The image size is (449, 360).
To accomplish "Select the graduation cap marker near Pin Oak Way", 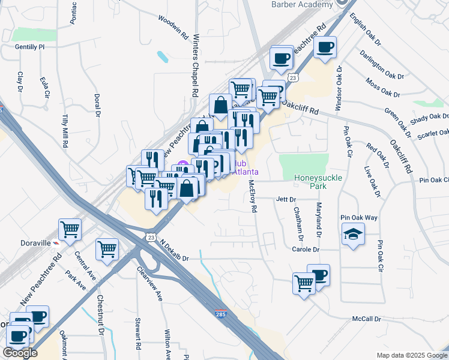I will click(x=353, y=235).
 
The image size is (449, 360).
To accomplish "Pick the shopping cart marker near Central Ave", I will click(x=107, y=249).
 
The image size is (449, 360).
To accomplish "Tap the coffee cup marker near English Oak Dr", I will click(x=325, y=47).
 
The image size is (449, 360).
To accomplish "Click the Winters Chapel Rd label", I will click(x=195, y=65).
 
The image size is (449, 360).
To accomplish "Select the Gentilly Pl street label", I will click(x=31, y=46).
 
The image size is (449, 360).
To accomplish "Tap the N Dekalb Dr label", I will click(x=174, y=250).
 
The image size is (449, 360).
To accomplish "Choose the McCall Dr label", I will click(x=366, y=319).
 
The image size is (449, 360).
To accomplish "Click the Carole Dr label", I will click(x=306, y=249).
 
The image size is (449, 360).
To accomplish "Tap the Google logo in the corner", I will click(x=20, y=353).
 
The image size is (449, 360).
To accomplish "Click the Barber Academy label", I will click(x=301, y=5).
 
